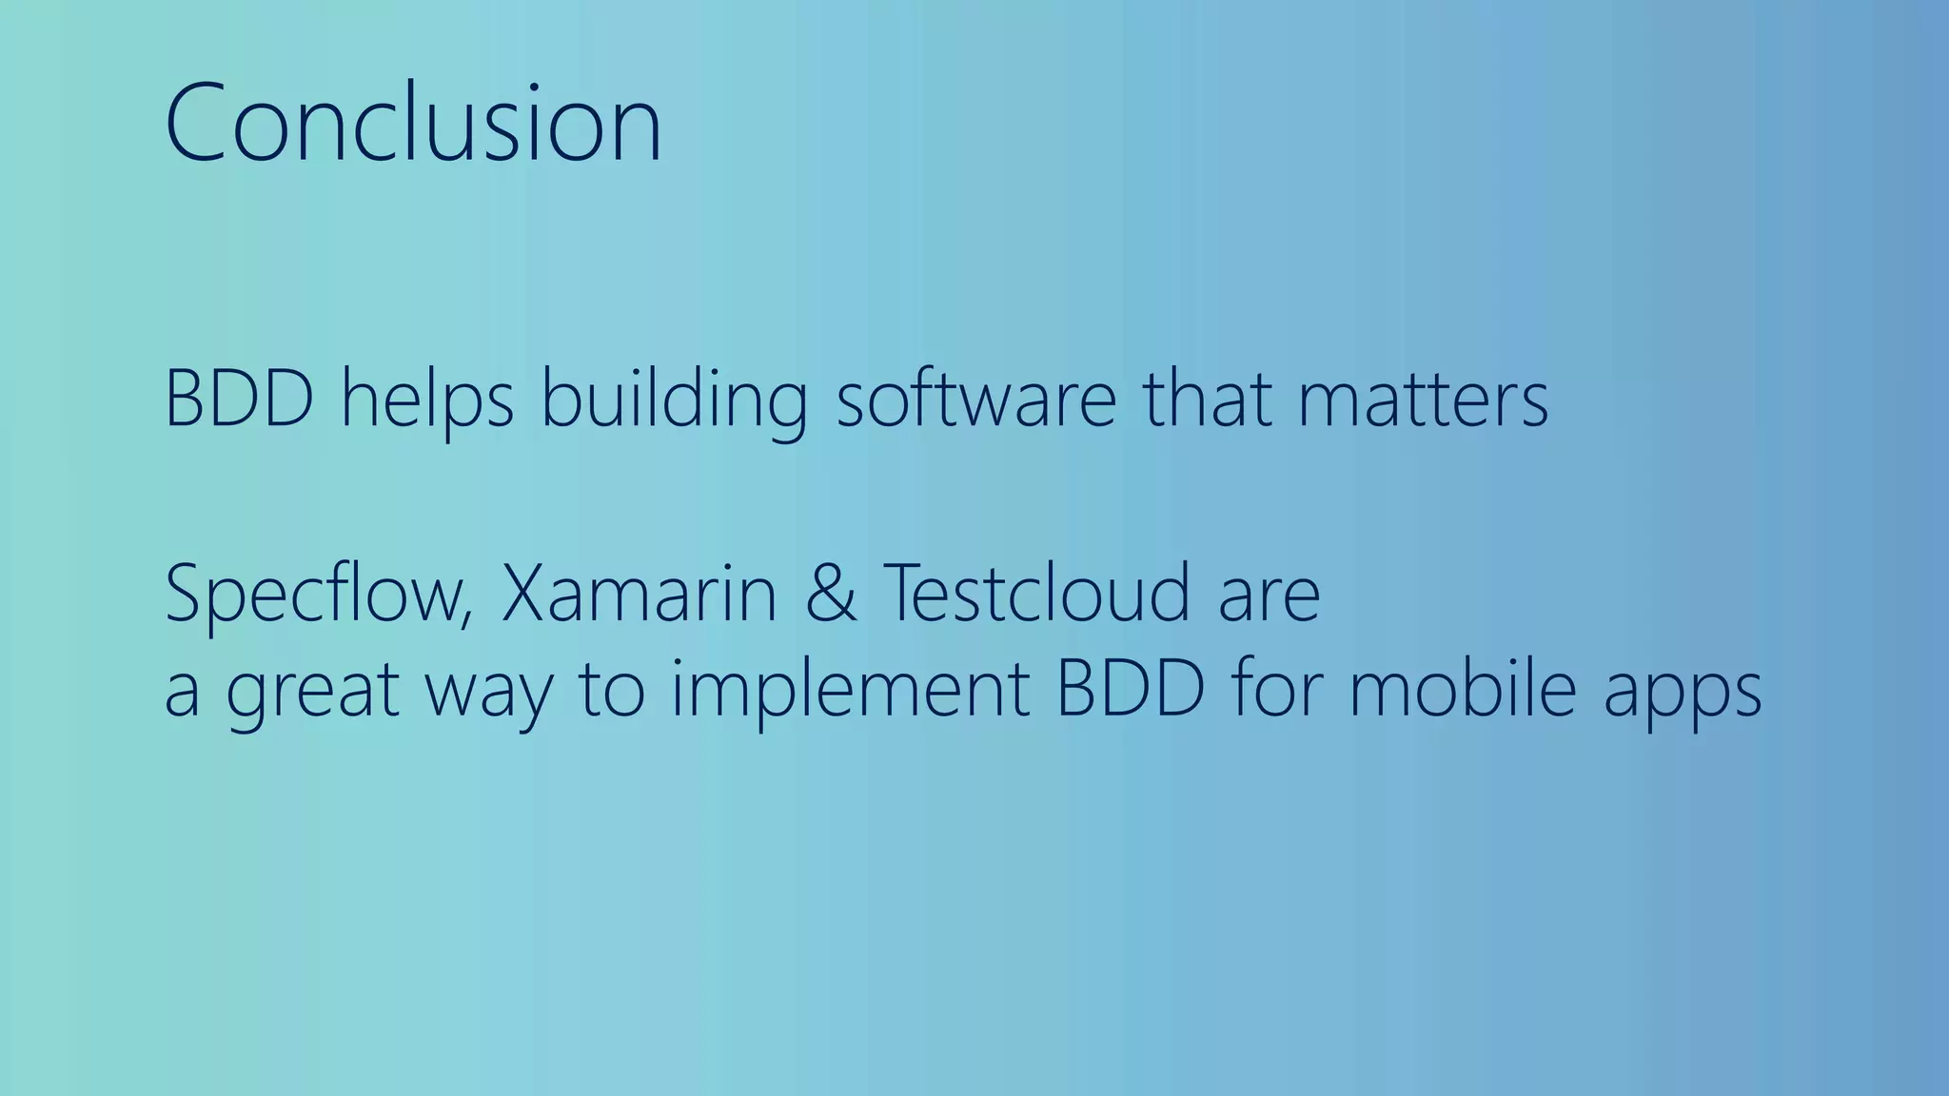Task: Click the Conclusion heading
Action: coord(412,124)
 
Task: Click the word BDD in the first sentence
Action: coord(239,399)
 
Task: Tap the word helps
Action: coord(427,399)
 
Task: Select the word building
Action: coord(675,399)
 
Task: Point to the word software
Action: coord(975,399)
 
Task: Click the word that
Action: coord(1207,399)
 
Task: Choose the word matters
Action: coord(1423,399)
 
